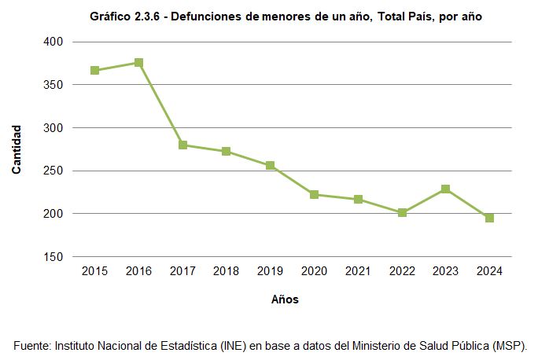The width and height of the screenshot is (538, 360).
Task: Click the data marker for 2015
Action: pos(94,71)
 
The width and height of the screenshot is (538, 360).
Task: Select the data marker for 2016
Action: pos(138,63)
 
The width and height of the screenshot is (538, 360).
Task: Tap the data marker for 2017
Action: pos(182,145)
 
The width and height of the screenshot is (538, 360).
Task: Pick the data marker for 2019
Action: pos(270,166)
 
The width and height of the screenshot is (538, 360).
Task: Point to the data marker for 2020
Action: pos(314,194)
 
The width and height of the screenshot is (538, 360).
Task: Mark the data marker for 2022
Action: pos(402,212)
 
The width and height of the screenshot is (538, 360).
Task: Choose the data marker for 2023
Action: pos(445,189)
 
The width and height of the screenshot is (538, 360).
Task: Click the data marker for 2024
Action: pos(489,218)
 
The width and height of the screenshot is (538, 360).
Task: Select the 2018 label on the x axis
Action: pos(227,271)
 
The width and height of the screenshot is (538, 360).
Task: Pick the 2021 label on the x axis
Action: pos(358,271)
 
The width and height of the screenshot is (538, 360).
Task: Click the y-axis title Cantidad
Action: pos(17,149)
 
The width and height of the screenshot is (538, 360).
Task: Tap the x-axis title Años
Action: pos(285,299)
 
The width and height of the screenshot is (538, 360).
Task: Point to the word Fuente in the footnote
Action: pos(31,345)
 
